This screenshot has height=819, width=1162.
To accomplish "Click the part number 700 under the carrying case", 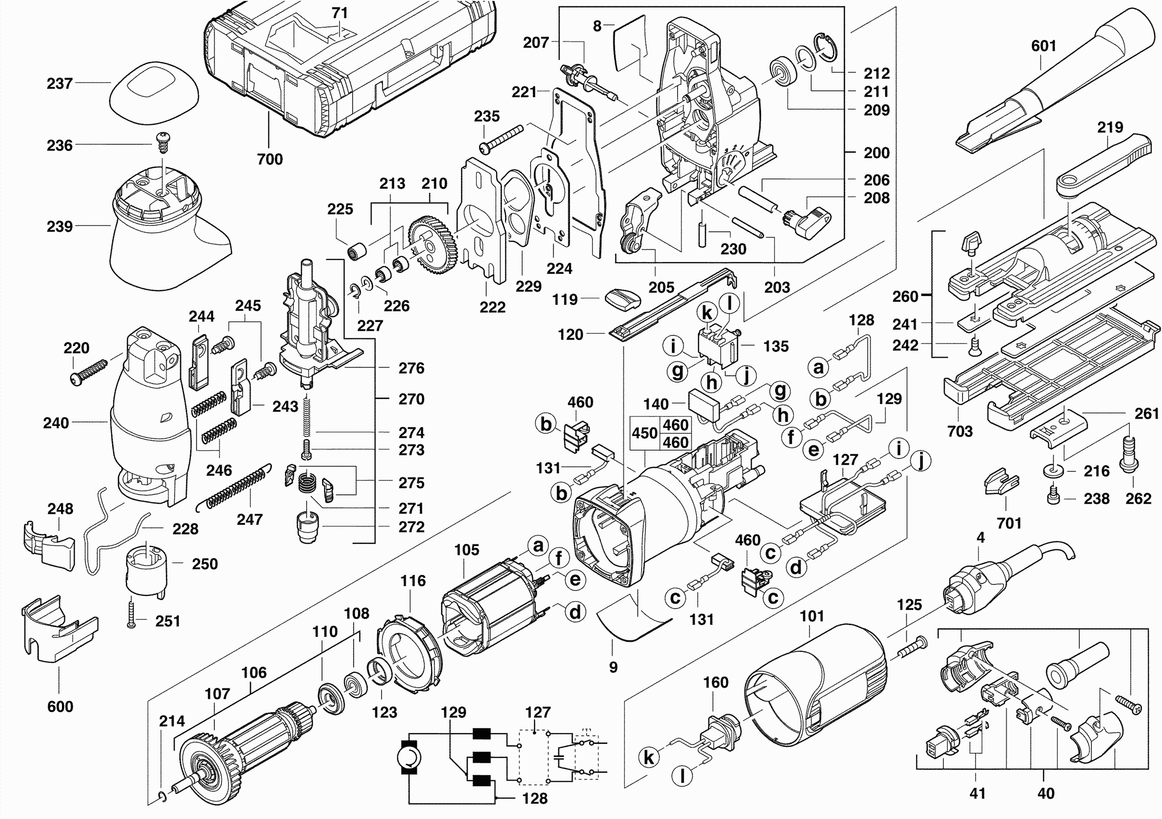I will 270,160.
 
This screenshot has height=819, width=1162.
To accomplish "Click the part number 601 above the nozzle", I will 1043,46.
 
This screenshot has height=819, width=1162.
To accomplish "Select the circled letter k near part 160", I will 649,758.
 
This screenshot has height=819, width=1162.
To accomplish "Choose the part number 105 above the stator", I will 466,550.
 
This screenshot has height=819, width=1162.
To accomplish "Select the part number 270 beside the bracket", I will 411,399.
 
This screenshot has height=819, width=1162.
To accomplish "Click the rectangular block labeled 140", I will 704,404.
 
